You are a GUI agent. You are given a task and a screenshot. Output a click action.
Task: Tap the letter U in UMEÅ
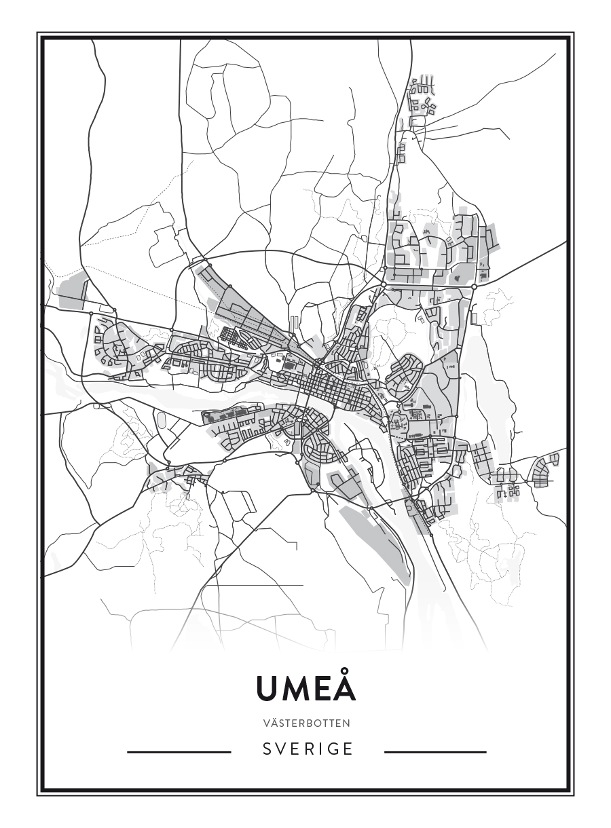pos(267,690)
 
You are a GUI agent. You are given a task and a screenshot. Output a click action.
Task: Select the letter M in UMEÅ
pos(295,690)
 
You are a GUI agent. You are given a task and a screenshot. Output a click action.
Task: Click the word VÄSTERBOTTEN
pos(305,723)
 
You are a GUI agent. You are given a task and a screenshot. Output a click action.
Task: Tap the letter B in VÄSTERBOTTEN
pos(312,723)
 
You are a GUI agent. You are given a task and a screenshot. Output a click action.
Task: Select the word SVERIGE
pos(308,749)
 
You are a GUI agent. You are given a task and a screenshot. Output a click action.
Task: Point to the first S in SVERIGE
pos(267,749)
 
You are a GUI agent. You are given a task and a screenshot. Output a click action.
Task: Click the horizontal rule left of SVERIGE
pos(179,752)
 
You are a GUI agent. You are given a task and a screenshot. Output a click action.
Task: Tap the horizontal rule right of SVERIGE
pos(435,752)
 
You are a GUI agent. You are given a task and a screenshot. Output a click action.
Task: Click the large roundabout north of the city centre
pos(384,284)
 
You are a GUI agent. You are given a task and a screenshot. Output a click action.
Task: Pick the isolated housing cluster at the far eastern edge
pos(546,470)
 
